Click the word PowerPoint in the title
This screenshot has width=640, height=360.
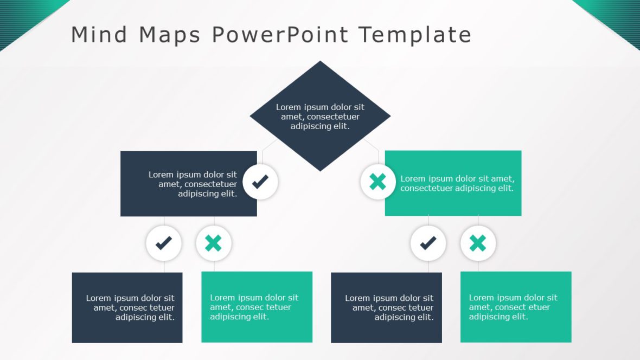280,35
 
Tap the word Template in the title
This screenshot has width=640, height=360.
415,35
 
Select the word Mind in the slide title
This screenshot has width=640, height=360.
99,35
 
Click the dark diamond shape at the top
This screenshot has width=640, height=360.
320,116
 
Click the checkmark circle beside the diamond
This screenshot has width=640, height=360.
260,182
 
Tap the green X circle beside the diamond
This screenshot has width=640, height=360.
377,182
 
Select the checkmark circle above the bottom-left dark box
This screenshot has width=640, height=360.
164,243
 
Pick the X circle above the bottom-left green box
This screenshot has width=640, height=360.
214,243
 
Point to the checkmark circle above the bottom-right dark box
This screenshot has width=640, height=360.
428,243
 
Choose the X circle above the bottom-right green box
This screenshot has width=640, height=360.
478,243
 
